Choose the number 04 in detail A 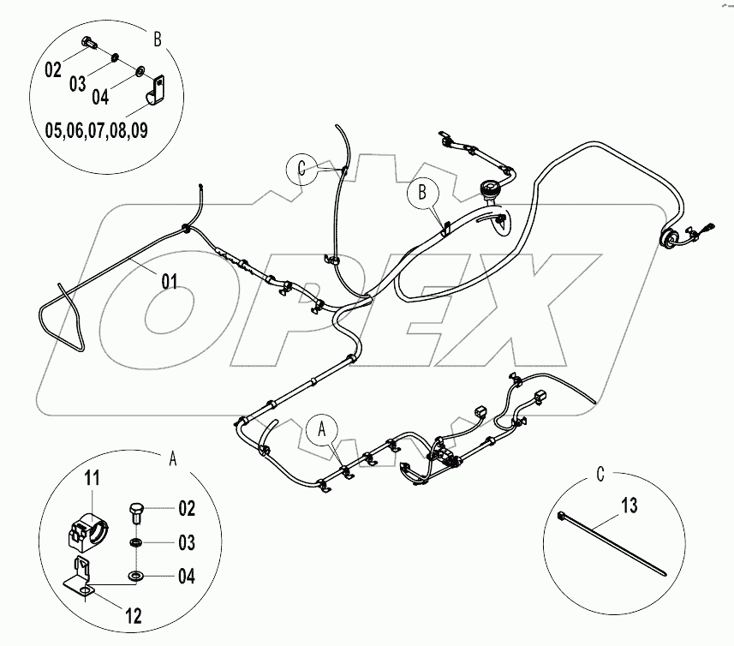click(186, 577)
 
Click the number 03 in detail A click(186, 543)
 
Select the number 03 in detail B click(76, 83)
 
